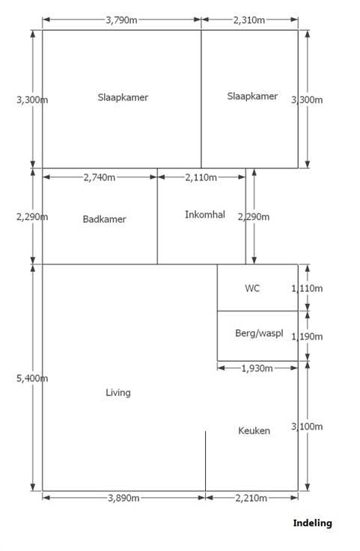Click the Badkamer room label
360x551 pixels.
pos(104,219)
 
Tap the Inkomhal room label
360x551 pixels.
pos(205,215)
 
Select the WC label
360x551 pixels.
pos(252,288)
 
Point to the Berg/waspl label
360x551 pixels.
pos(259,333)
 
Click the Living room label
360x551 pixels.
pos(118,392)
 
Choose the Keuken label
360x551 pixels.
pos(254,430)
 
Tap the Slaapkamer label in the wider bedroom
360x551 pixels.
pos(123,97)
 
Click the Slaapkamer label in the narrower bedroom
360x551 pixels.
pos(252,97)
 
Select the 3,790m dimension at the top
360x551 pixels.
pos(121,20)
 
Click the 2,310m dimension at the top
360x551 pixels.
pos(249,20)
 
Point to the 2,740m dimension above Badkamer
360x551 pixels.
pos(100,177)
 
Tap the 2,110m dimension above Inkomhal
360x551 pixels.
pos(201,177)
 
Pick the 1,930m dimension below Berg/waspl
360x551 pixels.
pos(257,368)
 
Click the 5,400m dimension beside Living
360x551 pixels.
pos(32,379)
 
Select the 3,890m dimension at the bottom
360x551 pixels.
pos(123,498)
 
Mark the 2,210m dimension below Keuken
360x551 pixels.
pos(251,498)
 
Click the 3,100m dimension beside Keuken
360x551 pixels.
pos(307,427)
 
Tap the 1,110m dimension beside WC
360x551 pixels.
pos(307,288)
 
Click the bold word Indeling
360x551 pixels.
pos(313,523)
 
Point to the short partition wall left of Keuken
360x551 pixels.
pos(206,461)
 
